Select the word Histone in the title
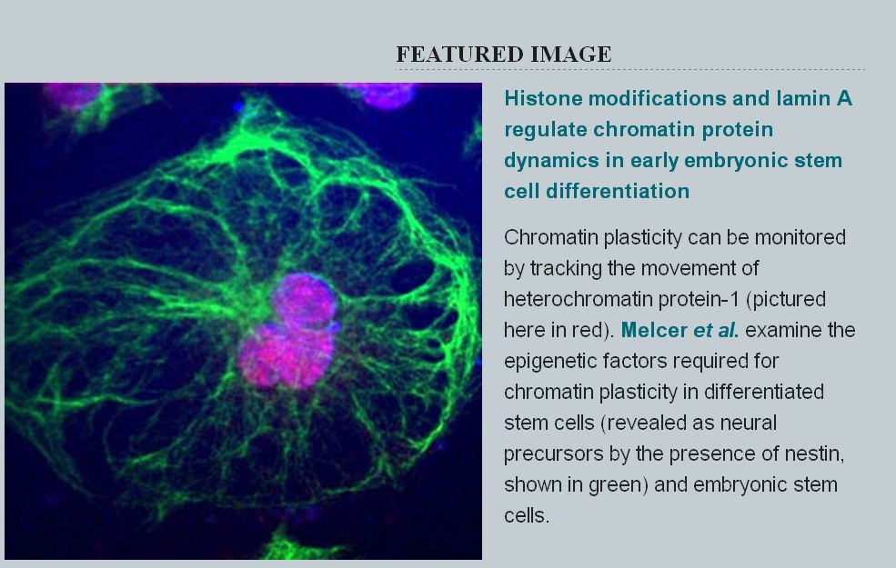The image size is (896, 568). tap(543, 98)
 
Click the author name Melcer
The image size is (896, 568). tap(654, 330)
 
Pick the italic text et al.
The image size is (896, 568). tap(716, 330)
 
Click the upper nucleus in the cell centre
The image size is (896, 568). tap(304, 301)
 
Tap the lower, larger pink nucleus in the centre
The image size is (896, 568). tap(287, 355)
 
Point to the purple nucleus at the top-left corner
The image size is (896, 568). tap(72, 95)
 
